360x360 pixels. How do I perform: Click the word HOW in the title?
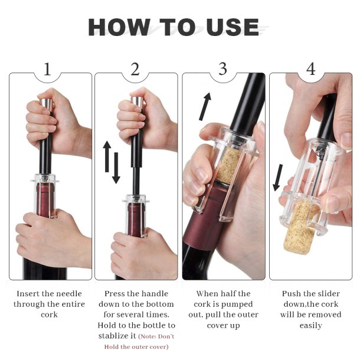(x=119, y=27)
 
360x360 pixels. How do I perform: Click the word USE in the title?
(x=233, y=27)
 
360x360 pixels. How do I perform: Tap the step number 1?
(x=47, y=69)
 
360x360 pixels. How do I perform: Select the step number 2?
(x=135, y=69)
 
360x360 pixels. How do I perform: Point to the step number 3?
(x=222, y=68)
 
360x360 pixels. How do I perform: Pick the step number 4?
(x=310, y=69)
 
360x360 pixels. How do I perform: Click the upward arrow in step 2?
(x=107, y=156)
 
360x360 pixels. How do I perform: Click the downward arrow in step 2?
(x=116, y=168)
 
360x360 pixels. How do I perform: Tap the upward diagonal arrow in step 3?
(x=205, y=107)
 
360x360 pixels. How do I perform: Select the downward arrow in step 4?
(x=278, y=178)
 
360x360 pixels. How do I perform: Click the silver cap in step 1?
(x=47, y=104)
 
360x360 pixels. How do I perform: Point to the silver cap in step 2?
(x=138, y=103)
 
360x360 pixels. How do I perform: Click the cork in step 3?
(x=228, y=165)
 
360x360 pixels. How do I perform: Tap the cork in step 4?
(x=299, y=227)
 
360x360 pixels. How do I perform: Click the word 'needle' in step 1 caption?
(x=69, y=294)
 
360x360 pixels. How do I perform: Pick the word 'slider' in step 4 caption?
(x=327, y=294)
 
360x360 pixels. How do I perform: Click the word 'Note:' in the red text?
(x=148, y=336)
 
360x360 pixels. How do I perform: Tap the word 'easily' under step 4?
(x=310, y=326)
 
